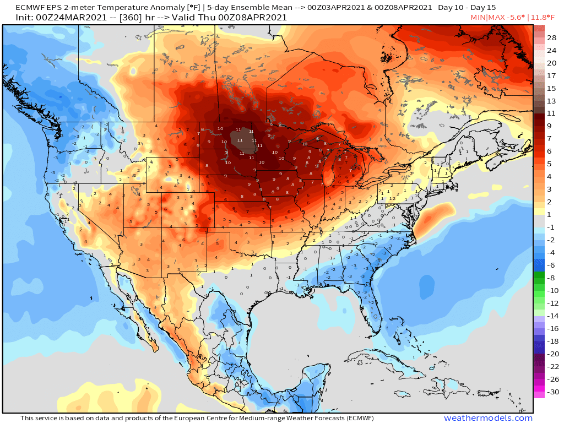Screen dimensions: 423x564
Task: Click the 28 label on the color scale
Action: click(x=552, y=37)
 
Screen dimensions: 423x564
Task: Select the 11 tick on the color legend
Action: click(x=552, y=113)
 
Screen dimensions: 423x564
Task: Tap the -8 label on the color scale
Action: click(x=552, y=278)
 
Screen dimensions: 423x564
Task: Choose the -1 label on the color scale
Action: click(x=552, y=227)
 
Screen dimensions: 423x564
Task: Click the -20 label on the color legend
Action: click(x=552, y=354)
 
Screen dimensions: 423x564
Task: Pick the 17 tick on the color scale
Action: click(x=552, y=75)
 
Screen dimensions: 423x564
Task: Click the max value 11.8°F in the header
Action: click(x=546, y=18)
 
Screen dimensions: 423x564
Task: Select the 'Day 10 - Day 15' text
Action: click(x=467, y=8)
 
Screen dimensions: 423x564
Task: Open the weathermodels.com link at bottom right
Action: click(x=488, y=418)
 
